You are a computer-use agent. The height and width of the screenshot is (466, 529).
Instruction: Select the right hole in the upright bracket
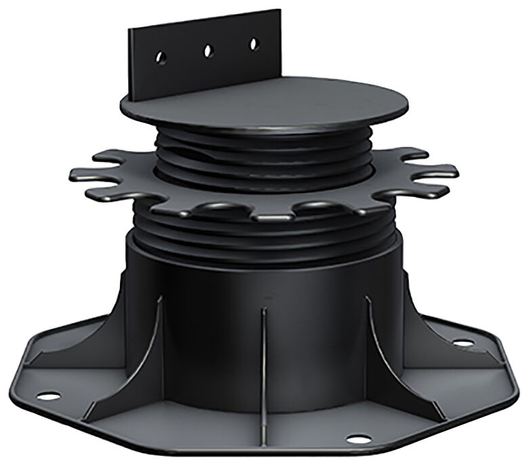[x=253, y=43]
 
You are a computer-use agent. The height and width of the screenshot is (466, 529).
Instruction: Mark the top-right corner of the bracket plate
[x=279, y=10]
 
